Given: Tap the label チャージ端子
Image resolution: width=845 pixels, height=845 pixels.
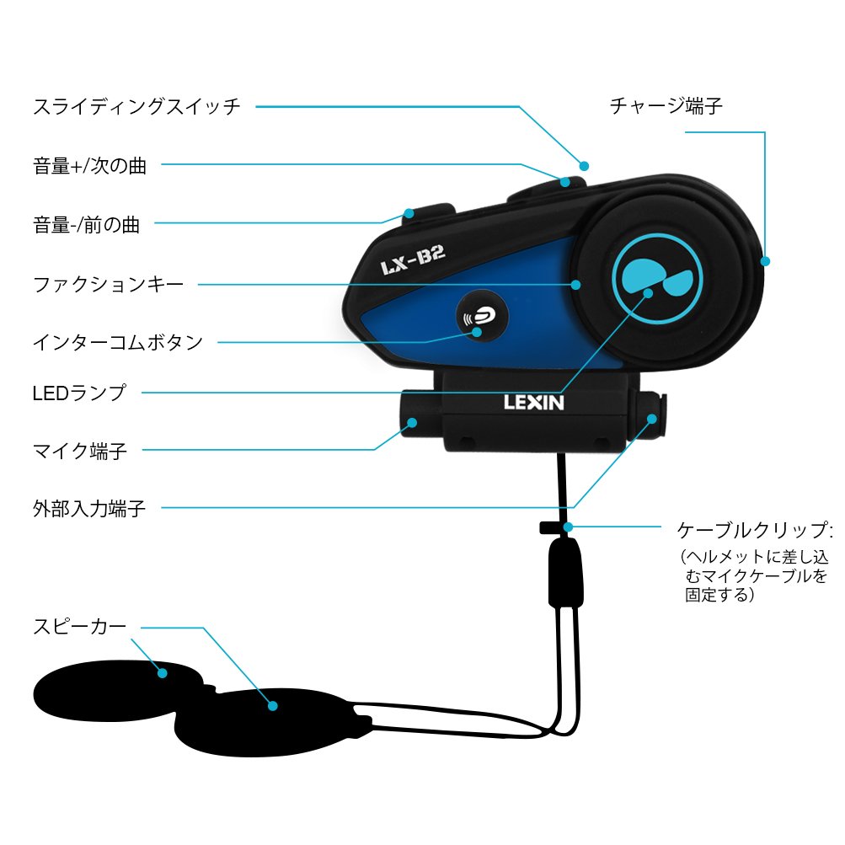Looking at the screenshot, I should click(x=666, y=107).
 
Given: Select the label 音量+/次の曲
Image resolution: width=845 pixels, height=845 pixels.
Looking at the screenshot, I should click(x=90, y=166).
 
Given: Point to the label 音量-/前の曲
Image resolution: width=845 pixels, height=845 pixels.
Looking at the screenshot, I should click(x=87, y=225).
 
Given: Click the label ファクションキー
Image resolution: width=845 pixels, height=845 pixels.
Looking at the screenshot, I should click(x=108, y=285).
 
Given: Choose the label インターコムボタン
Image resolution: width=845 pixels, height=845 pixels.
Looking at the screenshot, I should click(x=118, y=343).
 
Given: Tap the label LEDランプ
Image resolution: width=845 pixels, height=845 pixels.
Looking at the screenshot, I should click(x=79, y=393).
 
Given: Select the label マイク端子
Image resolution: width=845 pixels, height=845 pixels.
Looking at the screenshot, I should click(x=80, y=451).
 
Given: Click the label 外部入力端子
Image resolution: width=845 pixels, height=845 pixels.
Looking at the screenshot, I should click(x=89, y=509).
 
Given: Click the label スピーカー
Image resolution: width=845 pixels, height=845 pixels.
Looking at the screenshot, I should click(x=80, y=626).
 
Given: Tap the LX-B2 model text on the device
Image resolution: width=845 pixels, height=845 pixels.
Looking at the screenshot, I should click(x=413, y=265).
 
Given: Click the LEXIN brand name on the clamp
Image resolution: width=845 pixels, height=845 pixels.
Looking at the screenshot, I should click(x=534, y=401).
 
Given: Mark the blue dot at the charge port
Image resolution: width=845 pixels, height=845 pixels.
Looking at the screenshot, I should click(x=765, y=261).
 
